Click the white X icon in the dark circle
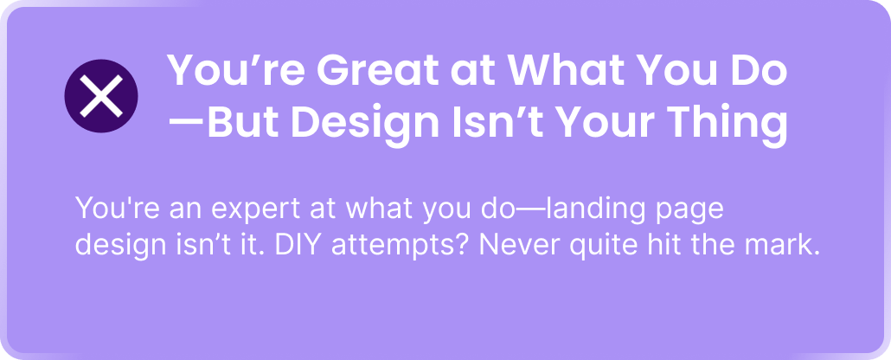click(x=101, y=95)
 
